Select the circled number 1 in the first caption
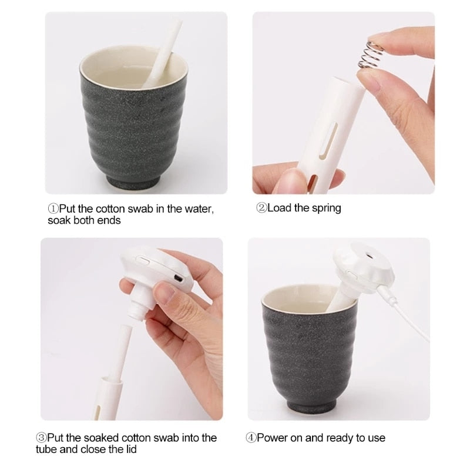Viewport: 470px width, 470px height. pos(52,209)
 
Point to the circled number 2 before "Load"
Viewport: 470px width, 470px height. pos(261,208)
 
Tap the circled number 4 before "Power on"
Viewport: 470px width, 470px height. pos(251,438)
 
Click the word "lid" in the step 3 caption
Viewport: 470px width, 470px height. pos(130,450)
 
